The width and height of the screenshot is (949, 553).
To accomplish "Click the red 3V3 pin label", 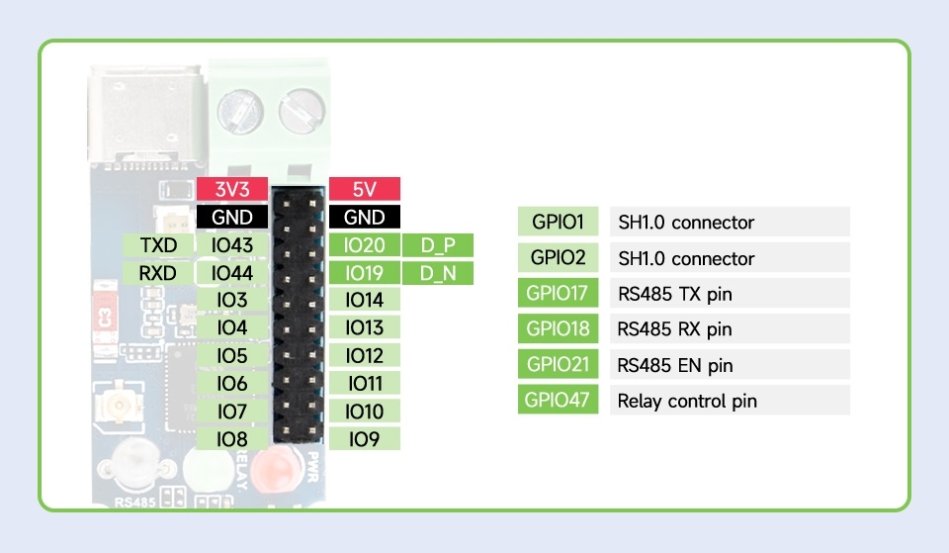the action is coord(231,189).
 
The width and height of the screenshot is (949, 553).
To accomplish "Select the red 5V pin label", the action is coord(365,189).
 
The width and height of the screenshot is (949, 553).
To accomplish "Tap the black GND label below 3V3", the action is coord(231,217).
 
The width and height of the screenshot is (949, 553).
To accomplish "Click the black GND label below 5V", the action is coord(365,217).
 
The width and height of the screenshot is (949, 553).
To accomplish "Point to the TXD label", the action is coord(158,245).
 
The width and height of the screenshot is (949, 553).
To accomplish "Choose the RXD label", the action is coord(158,273).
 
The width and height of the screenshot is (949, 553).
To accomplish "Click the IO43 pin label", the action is coord(231,245).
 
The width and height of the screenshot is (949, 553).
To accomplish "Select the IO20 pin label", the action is coord(365,245).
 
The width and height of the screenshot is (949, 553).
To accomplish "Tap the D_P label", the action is coord(438,245).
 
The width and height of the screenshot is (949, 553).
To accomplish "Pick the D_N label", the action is coord(438,273).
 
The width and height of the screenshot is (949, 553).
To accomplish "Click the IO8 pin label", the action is coord(231,438).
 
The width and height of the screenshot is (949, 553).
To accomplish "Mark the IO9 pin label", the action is coord(365,438).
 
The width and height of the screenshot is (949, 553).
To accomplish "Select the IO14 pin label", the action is coord(365,299).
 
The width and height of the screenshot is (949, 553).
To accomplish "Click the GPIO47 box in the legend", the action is coord(558,400).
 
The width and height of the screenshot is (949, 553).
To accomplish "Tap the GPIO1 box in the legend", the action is coord(558,222).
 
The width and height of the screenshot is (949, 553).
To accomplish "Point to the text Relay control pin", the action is coord(687,401).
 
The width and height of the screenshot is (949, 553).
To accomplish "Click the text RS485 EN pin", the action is coord(675,365).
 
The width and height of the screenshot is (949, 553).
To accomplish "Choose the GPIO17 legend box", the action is coord(558,293).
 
